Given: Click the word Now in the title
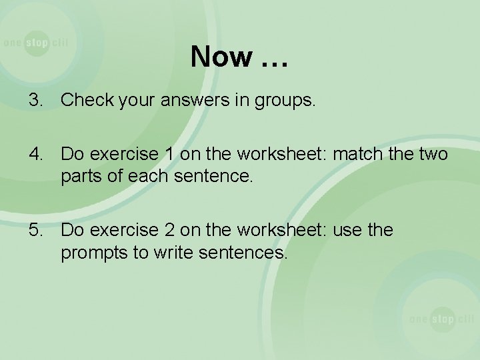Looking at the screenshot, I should point(219,57).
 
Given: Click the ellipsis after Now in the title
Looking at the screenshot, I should point(272,60).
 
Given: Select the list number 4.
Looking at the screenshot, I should point(35,155).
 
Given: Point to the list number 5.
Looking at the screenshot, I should point(35,231).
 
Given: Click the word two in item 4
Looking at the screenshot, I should point(433,155).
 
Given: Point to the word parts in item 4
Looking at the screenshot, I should point(79,179).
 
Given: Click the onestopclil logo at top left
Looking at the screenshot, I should point(35,43).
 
